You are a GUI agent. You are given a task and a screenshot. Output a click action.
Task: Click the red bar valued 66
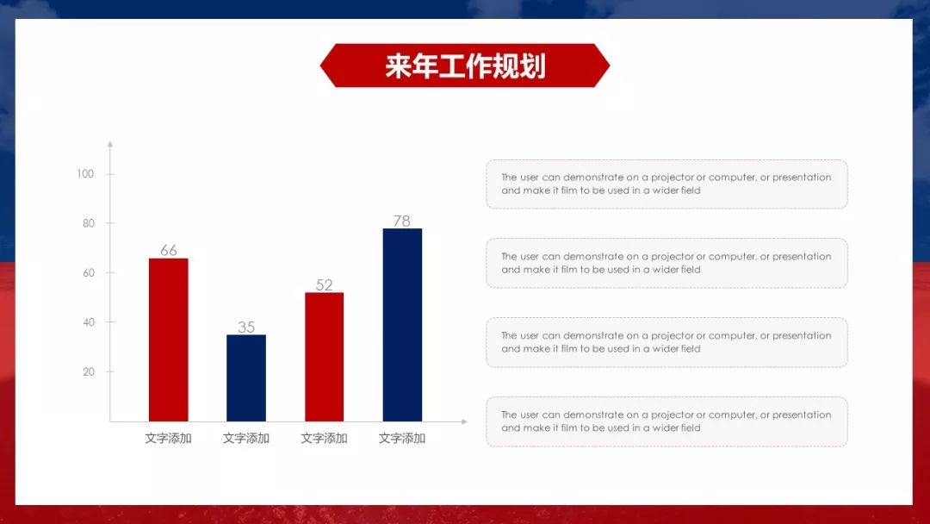[x=168, y=340]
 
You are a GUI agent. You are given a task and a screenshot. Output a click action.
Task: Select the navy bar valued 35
[x=246, y=377]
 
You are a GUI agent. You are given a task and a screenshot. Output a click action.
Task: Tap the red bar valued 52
[x=324, y=357]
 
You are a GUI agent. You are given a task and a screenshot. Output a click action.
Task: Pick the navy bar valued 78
[x=402, y=324]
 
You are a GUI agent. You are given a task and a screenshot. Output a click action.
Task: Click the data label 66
[x=169, y=251]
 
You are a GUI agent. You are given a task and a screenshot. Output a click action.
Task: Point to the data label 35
[x=246, y=327]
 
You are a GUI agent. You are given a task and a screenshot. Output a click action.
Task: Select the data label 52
[x=324, y=285]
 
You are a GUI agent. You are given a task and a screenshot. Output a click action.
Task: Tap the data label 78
[x=402, y=221]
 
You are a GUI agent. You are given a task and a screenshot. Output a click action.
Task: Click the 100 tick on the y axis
[x=85, y=174]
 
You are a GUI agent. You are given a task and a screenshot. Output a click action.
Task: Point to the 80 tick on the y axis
[x=88, y=223]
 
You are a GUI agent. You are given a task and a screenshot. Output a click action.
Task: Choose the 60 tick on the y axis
[x=88, y=273]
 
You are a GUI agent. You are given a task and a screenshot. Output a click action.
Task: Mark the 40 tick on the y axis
[x=88, y=322]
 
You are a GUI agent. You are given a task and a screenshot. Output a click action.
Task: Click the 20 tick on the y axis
[x=88, y=372]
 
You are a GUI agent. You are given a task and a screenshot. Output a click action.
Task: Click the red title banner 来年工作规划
[x=464, y=65]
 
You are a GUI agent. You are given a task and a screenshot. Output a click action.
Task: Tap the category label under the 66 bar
[x=169, y=438]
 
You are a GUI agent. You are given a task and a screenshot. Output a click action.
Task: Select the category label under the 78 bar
[x=402, y=438]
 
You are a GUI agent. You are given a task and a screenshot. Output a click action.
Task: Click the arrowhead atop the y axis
[x=109, y=145]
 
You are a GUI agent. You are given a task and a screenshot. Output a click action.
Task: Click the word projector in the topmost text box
[x=673, y=178]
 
